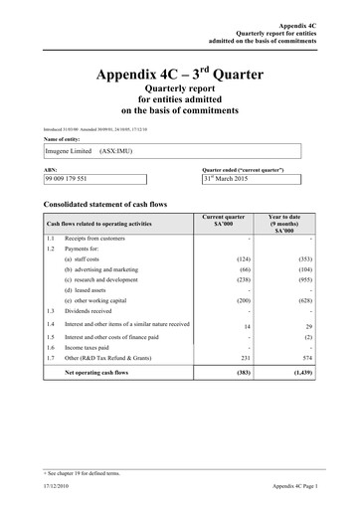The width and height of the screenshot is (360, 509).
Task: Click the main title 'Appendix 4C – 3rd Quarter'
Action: point(180,75)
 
